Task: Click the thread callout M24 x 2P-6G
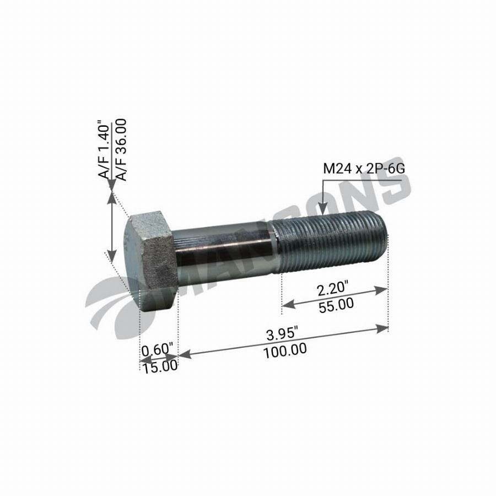(x=364, y=169)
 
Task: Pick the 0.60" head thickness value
(x=157, y=351)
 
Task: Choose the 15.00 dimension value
(x=160, y=366)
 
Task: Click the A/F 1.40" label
(x=104, y=149)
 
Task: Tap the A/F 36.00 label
(x=120, y=149)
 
